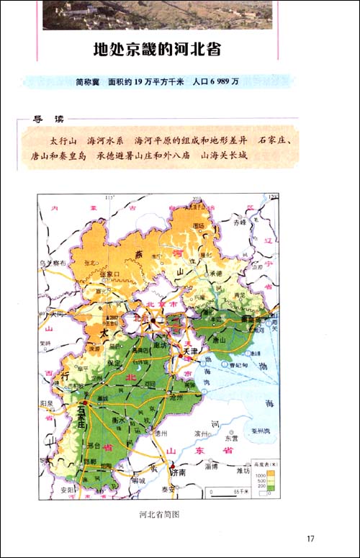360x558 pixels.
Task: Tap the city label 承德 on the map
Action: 215,274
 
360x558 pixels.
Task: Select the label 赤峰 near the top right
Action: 239,223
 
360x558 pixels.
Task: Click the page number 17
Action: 310,539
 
